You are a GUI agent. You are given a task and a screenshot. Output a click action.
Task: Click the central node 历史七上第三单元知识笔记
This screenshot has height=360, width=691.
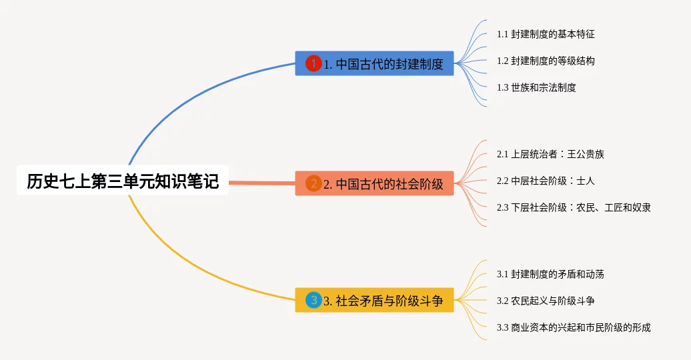(x=123, y=180)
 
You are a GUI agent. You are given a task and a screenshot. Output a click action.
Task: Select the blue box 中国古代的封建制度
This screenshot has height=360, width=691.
(x=374, y=63)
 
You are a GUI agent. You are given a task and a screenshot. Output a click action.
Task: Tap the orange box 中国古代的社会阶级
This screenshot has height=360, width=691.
(x=374, y=183)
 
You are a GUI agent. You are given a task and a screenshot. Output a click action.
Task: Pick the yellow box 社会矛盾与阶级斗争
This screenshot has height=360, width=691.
(x=374, y=300)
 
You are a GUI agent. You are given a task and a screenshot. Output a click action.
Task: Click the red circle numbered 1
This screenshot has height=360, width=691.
(x=313, y=63)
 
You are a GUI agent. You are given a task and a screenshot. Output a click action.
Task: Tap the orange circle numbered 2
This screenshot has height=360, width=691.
(x=313, y=183)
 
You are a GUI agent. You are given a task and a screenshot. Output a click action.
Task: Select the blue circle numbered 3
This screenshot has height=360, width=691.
(x=313, y=300)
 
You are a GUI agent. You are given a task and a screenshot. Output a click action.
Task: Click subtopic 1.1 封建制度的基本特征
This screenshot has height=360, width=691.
(x=546, y=34)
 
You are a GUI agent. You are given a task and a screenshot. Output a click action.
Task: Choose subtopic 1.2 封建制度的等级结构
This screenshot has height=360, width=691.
(x=546, y=61)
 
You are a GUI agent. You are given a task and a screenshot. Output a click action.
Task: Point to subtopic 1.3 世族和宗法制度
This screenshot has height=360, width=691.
(x=536, y=87)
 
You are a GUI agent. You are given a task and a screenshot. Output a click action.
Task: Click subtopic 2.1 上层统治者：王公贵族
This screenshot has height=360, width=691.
(x=550, y=154)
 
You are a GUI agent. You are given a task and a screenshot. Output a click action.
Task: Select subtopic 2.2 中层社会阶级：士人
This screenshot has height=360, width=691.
(x=546, y=181)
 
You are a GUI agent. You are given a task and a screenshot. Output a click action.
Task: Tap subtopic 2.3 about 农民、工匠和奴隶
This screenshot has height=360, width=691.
(x=574, y=207)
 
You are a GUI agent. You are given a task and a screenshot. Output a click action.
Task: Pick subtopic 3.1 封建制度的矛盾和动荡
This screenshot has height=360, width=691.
(x=550, y=274)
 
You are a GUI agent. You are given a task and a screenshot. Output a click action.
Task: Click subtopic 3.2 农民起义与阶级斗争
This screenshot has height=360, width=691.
(x=546, y=301)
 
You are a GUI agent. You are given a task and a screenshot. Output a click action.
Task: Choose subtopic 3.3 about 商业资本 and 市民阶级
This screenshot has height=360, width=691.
(x=574, y=327)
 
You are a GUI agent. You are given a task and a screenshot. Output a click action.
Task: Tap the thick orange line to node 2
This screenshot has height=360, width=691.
(x=261, y=183)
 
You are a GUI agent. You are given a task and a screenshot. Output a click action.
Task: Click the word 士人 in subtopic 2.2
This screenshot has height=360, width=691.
(x=586, y=181)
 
